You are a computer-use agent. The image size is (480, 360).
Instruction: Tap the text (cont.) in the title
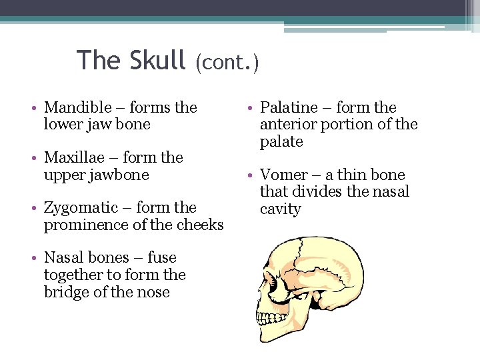(x=227, y=63)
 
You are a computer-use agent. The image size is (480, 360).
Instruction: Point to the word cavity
(x=281, y=209)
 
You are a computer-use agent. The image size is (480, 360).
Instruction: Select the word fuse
(x=162, y=258)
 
